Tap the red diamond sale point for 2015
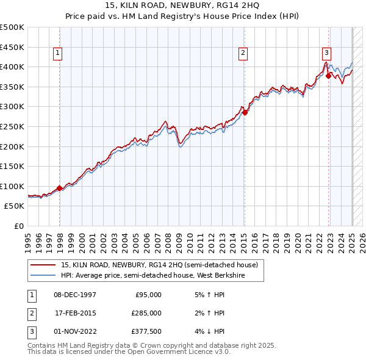click(x=245, y=112)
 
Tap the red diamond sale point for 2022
click(x=328, y=76)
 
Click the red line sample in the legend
click(x=43, y=265)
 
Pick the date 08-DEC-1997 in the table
click(x=76, y=295)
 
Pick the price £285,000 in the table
click(x=147, y=313)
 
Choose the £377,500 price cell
click(x=147, y=331)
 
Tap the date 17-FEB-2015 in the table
click(x=76, y=313)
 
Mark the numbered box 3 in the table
click(x=31, y=331)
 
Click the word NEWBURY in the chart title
click(x=190, y=5)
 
